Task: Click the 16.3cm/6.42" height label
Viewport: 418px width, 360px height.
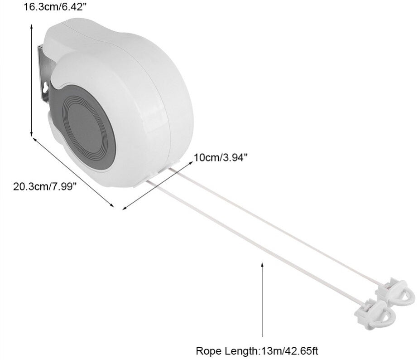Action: click(55, 7)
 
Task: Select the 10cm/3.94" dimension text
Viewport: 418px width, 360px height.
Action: click(221, 157)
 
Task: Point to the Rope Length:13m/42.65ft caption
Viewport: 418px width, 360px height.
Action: click(257, 350)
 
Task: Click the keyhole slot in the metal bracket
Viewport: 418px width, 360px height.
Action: click(45, 88)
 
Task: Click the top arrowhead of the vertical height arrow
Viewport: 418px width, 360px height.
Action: click(31, 26)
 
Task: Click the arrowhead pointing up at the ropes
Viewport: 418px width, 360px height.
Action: click(262, 265)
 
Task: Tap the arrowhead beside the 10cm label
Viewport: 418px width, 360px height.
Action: click(190, 162)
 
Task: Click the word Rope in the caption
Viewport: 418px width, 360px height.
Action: click(209, 350)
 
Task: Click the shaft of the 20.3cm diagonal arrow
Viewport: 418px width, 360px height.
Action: click(73, 172)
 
